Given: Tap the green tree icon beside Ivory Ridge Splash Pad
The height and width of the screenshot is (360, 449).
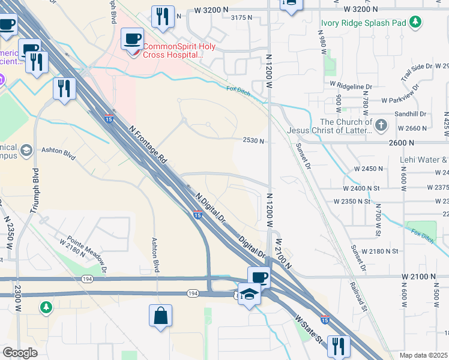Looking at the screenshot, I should click(x=414, y=23).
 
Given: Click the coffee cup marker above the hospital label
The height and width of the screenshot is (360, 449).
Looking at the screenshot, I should click(x=133, y=40).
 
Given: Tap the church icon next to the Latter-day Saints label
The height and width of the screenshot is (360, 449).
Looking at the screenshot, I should click(x=381, y=126).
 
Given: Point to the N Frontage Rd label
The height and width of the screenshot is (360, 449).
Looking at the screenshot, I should click(x=148, y=145).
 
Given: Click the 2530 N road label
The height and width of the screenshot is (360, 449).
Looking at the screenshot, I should click(x=254, y=140).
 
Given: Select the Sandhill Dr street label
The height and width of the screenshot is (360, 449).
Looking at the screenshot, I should click(x=410, y=113).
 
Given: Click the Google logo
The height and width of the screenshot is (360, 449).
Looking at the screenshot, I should click(x=20, y=353).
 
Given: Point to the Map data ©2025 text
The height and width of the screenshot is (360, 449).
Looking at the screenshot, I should click(x=423, y=355).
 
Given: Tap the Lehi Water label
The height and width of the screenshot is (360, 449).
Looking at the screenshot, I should click(x=424, y=160).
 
